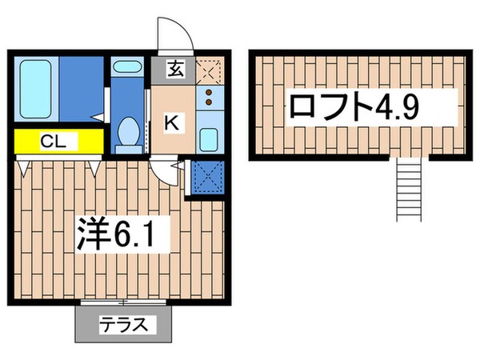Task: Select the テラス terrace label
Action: (124, 326)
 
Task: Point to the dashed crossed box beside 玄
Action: (208, 69)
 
